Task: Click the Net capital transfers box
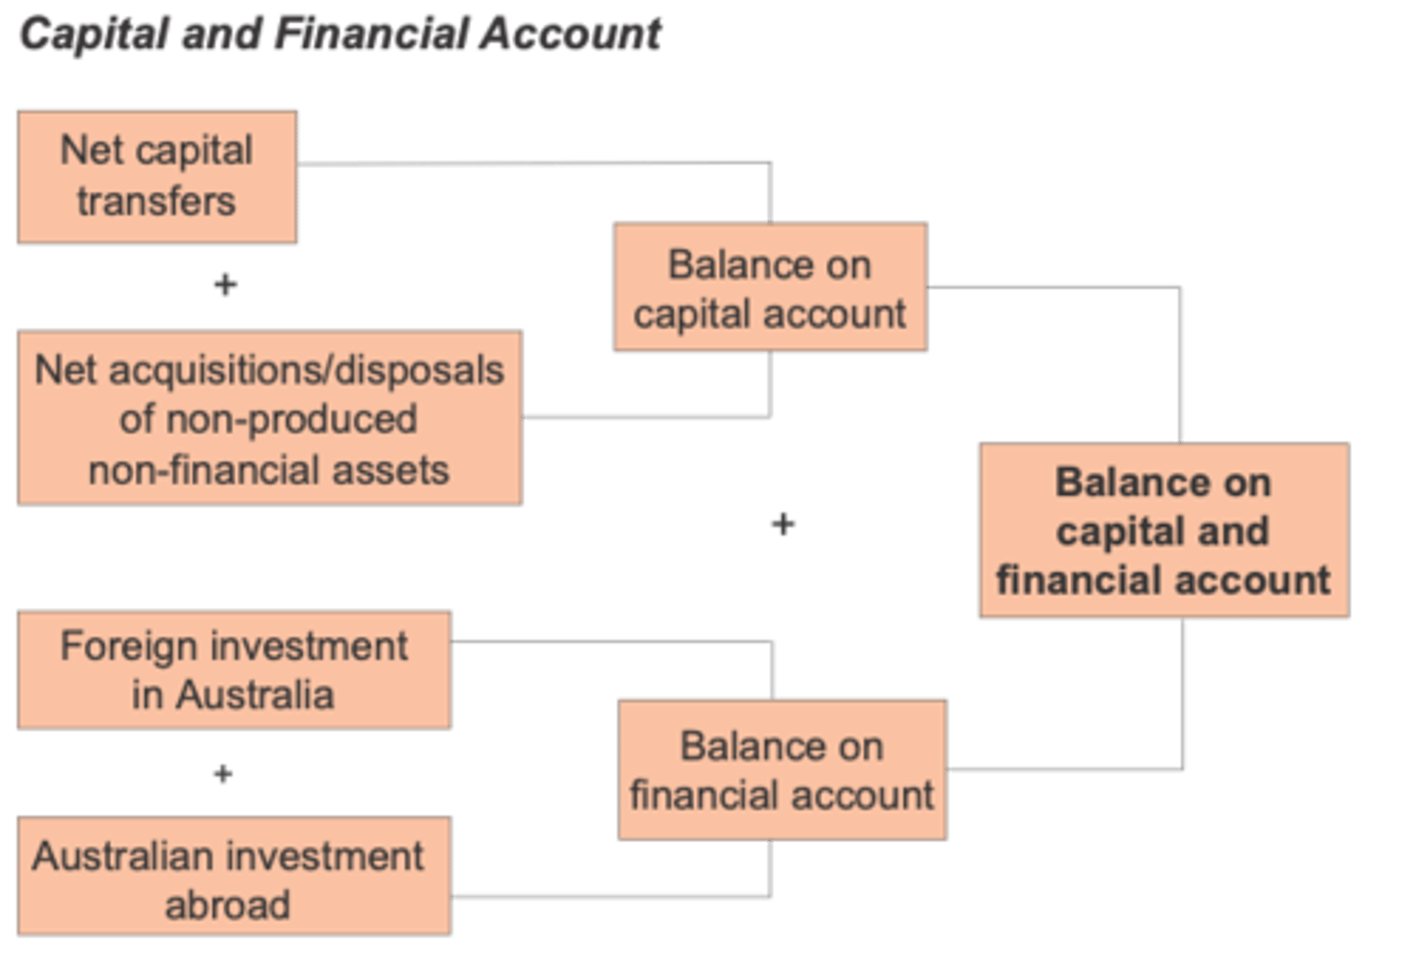[157, 177]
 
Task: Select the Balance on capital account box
[771, 287]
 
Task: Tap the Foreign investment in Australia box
[234, 670]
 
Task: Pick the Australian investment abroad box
[234, 875]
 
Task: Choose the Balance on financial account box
[783, 770]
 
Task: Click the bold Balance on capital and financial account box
[1165, 530]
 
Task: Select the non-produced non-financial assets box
[269, 417]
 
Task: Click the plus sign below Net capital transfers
[226, 284]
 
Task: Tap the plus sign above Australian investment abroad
[223, 773]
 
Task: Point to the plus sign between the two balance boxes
[783, 524]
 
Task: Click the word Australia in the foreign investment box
[255, 695]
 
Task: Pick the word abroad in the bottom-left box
[227, 905]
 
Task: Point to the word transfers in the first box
[156, 201]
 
